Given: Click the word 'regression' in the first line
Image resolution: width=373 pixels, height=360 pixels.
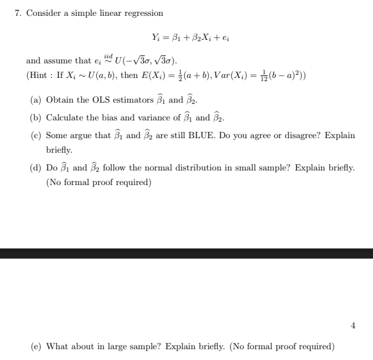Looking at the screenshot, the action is (144, 13).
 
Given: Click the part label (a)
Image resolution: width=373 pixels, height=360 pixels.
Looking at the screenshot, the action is (37, 100).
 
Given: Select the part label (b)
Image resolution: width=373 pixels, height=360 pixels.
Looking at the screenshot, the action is (37, 118).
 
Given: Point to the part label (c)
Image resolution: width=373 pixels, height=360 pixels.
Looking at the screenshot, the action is (37, 136).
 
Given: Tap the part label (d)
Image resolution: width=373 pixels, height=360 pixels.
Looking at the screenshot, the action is (37, 168).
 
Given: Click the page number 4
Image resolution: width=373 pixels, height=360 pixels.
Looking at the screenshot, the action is (353, 326).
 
